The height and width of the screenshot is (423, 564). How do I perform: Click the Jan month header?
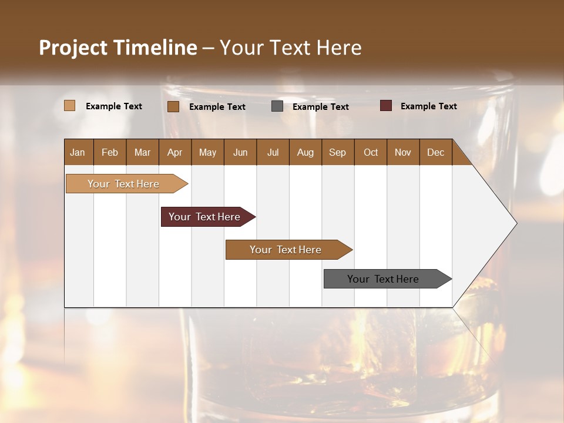point(78,152)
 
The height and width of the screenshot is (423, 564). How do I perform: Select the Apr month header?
point(175,152)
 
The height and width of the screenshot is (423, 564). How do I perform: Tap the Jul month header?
point(273,152)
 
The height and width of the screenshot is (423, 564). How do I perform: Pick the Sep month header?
point(338,152)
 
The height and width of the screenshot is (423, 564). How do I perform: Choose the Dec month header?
point(435,152)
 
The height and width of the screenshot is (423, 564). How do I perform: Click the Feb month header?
point(110,152)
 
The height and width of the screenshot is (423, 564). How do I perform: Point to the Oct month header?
point(371,152)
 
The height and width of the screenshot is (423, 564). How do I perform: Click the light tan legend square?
point(69,106)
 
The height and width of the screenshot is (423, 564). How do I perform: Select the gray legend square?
point(277,106)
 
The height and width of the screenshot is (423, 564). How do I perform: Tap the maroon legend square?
point(386,106)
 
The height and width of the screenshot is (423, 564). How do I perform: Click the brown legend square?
point(173,106)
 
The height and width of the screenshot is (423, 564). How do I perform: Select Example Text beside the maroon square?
point(428,106)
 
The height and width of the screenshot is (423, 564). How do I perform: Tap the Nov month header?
point(403,152)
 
